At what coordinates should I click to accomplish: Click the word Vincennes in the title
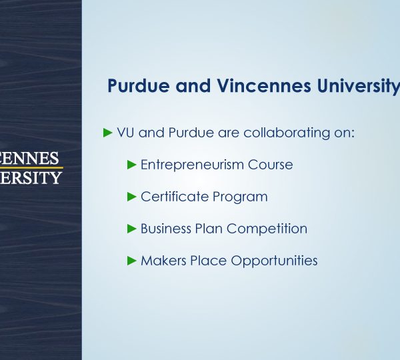[264, 86]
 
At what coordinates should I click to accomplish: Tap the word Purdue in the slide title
[139, 86]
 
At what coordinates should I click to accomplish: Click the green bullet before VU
[108, 133]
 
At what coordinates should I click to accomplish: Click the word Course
[270, 165]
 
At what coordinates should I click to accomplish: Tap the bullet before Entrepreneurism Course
[131, 165]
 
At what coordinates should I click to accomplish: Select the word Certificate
[175, 197]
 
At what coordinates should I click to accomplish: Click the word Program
[240, 197]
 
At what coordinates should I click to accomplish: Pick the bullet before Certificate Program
[131, 197]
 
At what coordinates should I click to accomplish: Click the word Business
[166, 229]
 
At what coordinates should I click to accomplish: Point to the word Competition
[267, 229]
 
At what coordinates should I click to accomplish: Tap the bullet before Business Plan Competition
[131, 229]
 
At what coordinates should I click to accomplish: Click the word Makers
[163, 261]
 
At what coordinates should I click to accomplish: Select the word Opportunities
[274, 261]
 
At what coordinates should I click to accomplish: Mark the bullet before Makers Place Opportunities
[131, 261]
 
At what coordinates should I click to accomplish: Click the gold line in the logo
[31, 167]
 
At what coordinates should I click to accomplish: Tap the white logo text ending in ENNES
[29, 158]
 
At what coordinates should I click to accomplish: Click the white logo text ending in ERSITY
[31, 177]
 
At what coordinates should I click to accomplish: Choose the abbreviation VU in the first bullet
[125, 133]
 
